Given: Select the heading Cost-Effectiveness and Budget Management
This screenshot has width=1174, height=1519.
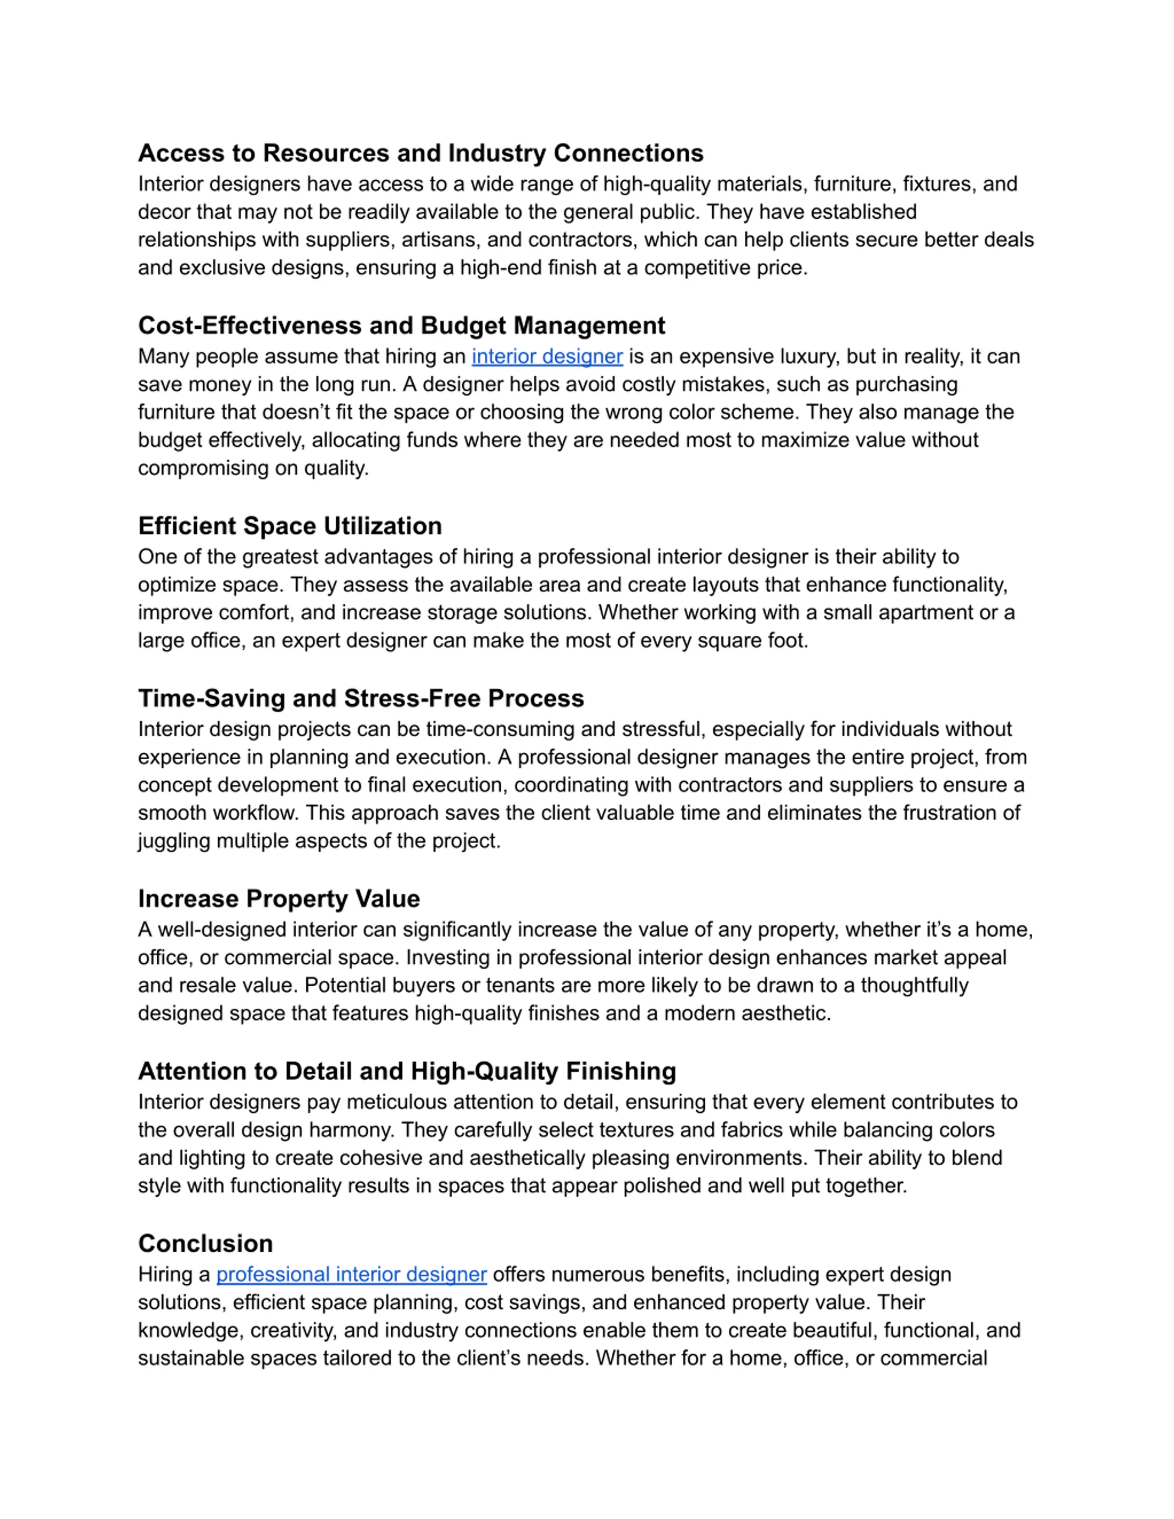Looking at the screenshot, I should pyautogui.click(x=401, y=326).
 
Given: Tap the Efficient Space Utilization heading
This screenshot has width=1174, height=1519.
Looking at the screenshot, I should pyautogui.click(x=289, y=526).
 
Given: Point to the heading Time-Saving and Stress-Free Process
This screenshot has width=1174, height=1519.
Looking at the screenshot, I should pyautogui.click(x=360, y=698).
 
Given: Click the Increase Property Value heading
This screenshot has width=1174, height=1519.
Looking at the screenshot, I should pyautogui.click(x=278, y=899).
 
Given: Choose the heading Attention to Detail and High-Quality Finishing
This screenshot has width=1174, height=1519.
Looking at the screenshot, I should pyautogui.click(x=406, y=1071).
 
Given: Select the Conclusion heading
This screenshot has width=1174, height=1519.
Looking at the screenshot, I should pyautogui.click(x=205, y=1243).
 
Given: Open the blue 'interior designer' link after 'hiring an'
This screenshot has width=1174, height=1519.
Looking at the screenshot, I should pyautogui.click(x=547, y=357).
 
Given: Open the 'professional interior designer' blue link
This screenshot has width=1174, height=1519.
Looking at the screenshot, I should pyautogui.click(x=351, y=1275).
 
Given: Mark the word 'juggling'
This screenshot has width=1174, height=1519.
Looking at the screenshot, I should pyautogui.click(x=174, y=841).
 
